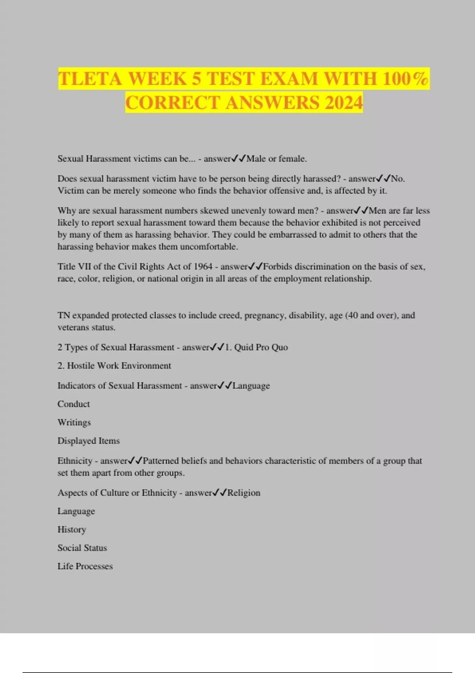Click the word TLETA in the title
click(x=90, y=79)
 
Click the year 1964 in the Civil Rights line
click(x=203, y=266)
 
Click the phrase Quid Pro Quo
click(x=261, y=347)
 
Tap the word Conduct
click(x=74, y=404)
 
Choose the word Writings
click(x=74, y=422)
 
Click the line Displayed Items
click(x=88, y=441)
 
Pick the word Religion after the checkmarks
click(x=244, y=492)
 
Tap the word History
click(x=72, y=529)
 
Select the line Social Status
click(x=82, y=548)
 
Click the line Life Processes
click(x=85, y=566)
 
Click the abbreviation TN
click(x=64, y=316)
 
